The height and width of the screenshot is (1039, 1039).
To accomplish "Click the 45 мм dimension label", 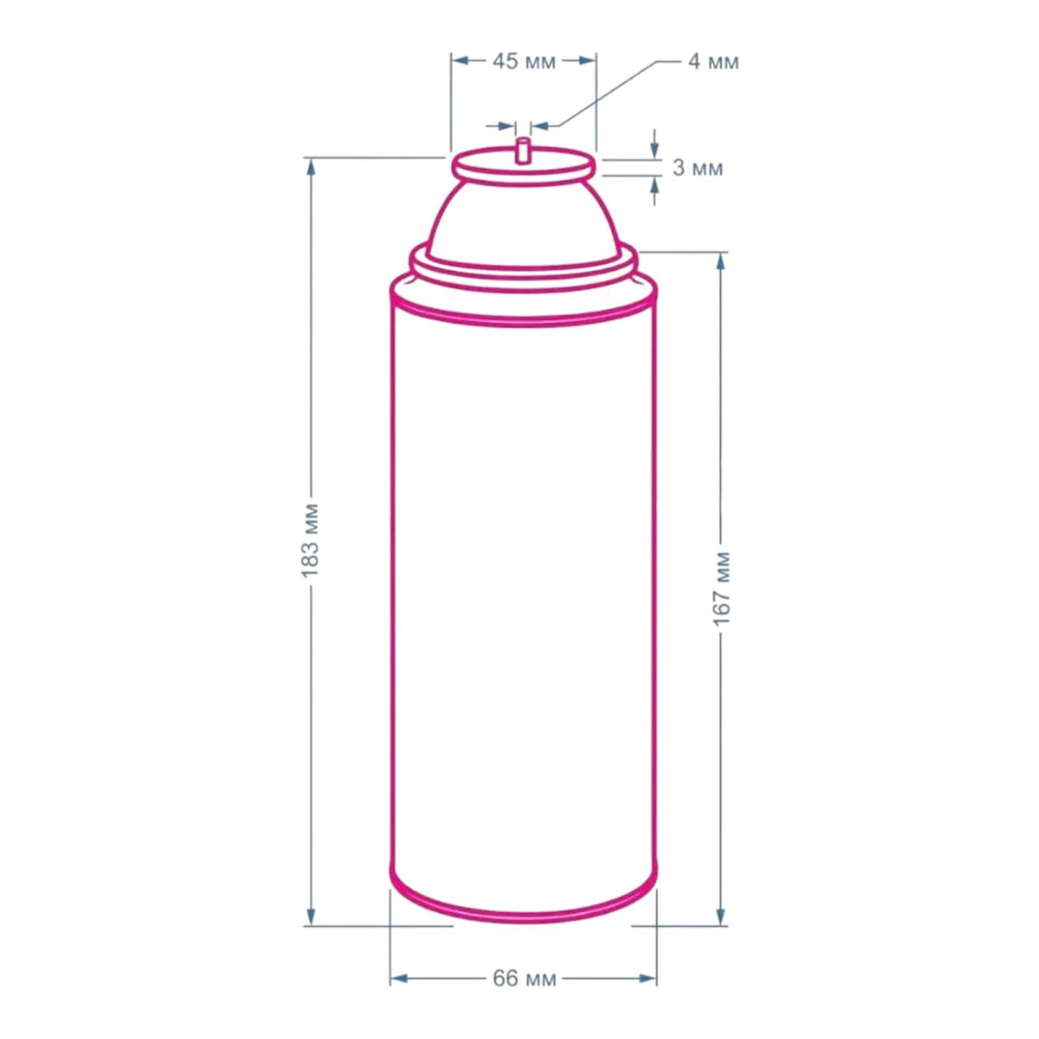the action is [x=524, y=62].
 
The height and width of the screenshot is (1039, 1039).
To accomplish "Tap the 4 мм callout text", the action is [x=713, y=62].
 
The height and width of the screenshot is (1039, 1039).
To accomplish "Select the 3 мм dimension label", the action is [x=697, y=168].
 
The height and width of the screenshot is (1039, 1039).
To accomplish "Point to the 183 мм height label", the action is [x=311, y=541].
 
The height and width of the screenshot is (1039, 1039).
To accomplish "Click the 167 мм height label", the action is [x=722, y=588].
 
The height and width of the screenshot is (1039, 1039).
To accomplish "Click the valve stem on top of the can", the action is [x=522, y=150].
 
